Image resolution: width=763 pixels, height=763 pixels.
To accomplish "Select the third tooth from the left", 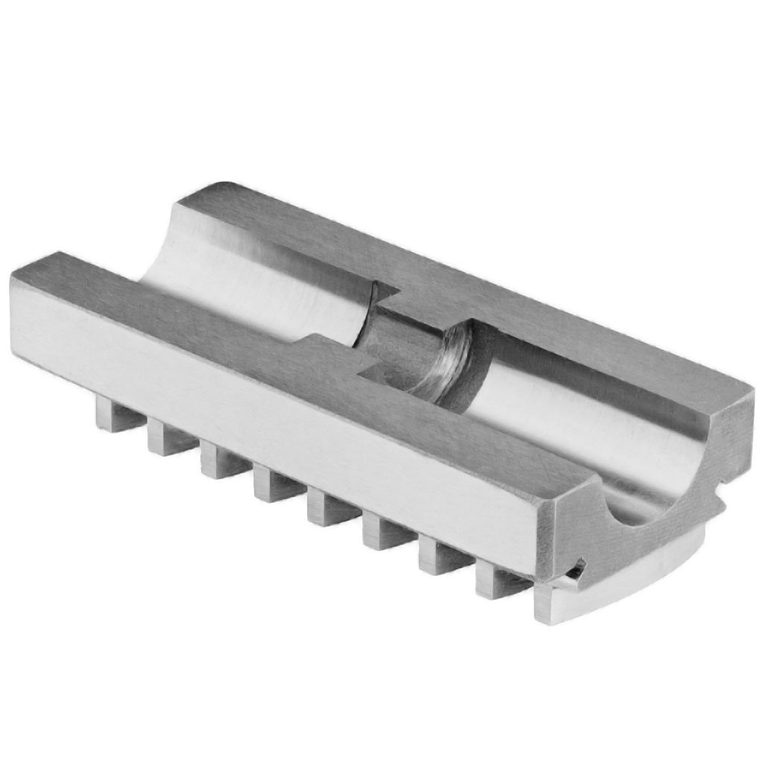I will click(213, 461).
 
